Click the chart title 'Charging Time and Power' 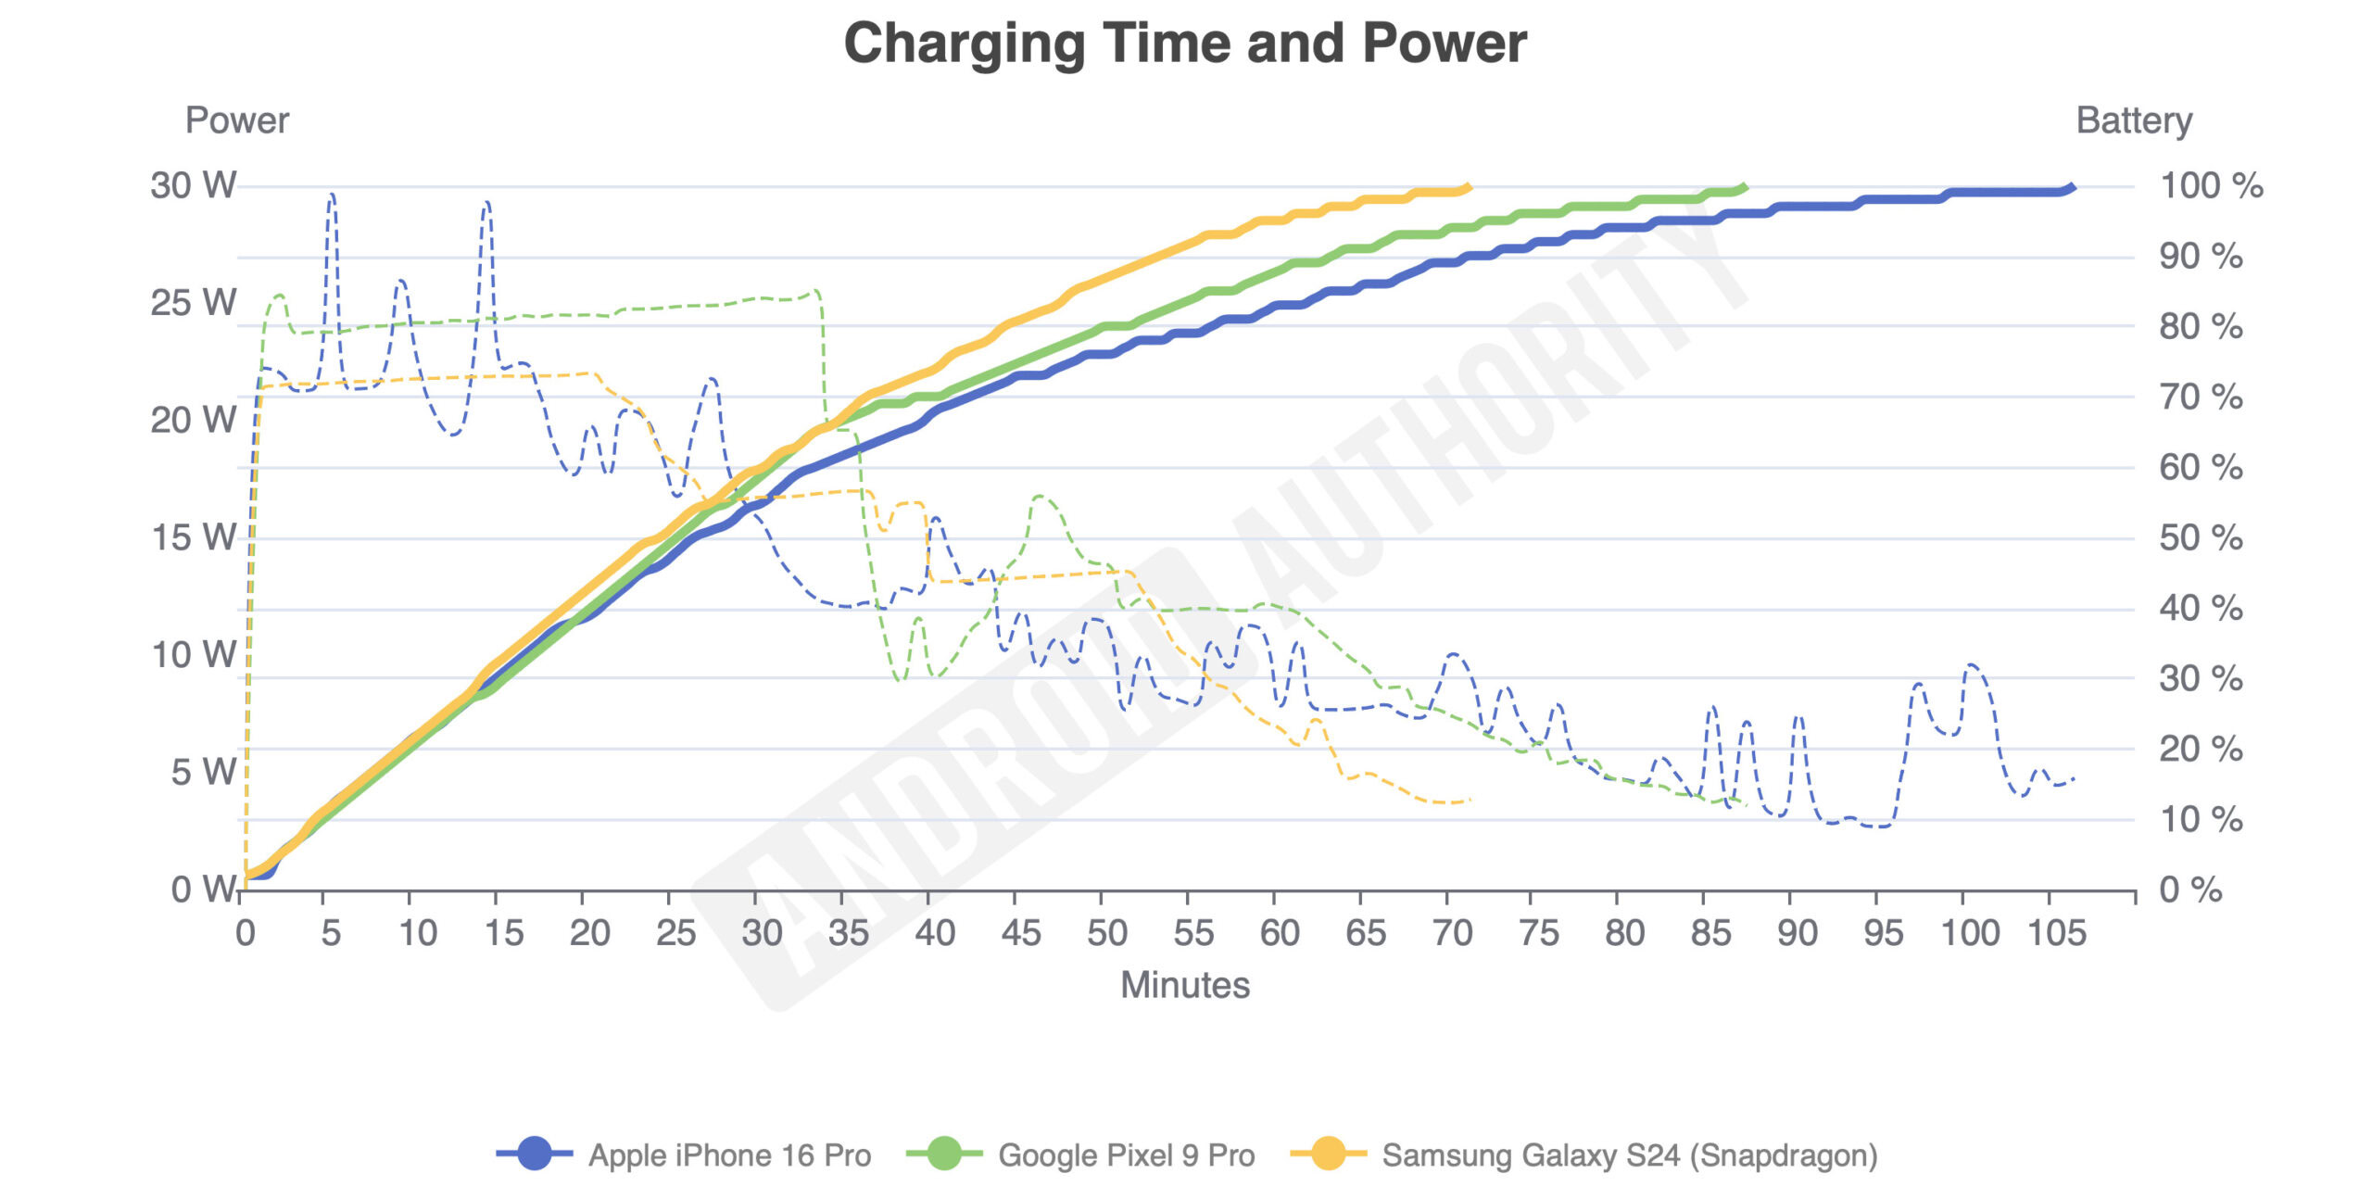coord(1185,44)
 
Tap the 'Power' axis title coord(237,120)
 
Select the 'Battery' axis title coord(2134,120)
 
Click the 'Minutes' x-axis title coord(1185,985)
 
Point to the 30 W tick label coord(194,185)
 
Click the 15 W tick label coord(194,537)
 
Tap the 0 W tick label coord(204,889)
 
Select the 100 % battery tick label coord(2211,185)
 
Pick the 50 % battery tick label coord(2201,537)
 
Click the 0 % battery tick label coord(2190,889)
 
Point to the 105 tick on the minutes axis coord(2057,933)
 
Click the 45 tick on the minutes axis coord(1021,933)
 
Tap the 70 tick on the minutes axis coord(1452,933)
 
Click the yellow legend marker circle coord(1328,1154)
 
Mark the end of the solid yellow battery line coord(1468,188)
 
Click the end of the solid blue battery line coord(2072,188)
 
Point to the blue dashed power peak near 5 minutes coord(332,196)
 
